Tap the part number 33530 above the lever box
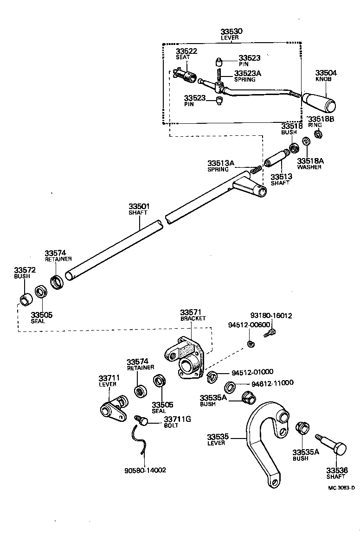tap(232, 31)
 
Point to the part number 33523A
tap(248, 73)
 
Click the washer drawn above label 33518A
tap(306, 141)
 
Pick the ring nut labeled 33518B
tap(318, 134)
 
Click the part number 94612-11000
tap(273, 384)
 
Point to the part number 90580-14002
tap(145, 470)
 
